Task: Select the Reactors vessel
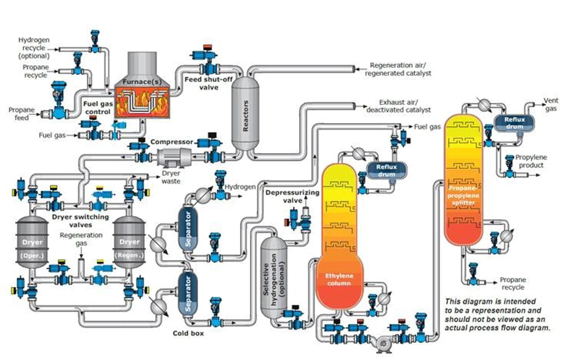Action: (x=245, y=114)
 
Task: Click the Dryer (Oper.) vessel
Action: (x=31, y=242)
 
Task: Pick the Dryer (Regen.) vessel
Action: (x=129, y=242)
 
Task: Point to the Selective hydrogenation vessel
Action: (x=273, y=278)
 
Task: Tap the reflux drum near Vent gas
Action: (x=514, y=123)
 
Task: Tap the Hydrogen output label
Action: (x=240, y=187)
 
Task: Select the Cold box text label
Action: (x=188, y=333)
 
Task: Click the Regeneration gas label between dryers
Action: (x=81, y=239)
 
